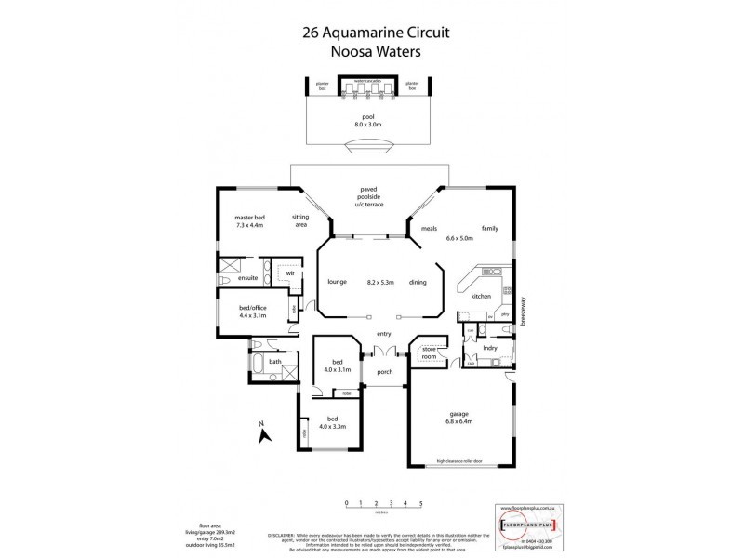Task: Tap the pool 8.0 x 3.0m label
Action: point(370,119)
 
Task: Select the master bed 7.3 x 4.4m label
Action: point(249,221)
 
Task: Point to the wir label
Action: point(290,273)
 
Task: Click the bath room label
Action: point(275,361)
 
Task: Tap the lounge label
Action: point(337,282)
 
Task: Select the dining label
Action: point(418,282)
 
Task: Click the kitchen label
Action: point(480,296)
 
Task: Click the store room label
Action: point(429,352)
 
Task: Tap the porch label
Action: point(384,372)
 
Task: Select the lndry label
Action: point(490,348)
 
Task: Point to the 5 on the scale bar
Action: point(421,502)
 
